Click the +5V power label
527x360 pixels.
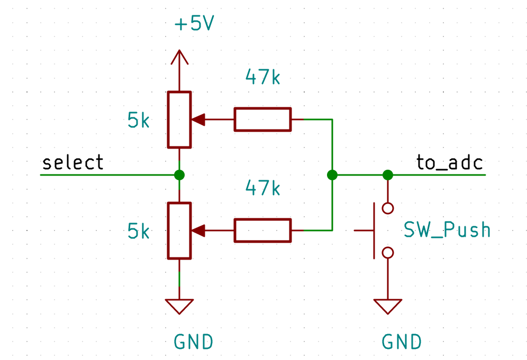[194, 24]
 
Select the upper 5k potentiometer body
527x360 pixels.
[179, 119]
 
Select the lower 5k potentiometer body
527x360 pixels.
[179, 230]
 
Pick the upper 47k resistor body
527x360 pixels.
[262, 119]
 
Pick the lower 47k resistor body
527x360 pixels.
[262, 230]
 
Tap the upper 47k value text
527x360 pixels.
[262, 78]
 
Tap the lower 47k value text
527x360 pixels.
[262, 188]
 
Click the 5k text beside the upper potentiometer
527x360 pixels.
[139, 121]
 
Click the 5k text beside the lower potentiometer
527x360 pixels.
[139, 232]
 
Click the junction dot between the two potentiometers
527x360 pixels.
[179, 175]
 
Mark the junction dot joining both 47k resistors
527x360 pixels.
[332, 175]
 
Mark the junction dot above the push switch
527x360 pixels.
[388, 175]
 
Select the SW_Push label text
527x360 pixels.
[447, 230]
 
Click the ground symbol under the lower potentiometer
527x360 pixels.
[179, 306]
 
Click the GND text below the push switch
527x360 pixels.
[402, 342]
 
